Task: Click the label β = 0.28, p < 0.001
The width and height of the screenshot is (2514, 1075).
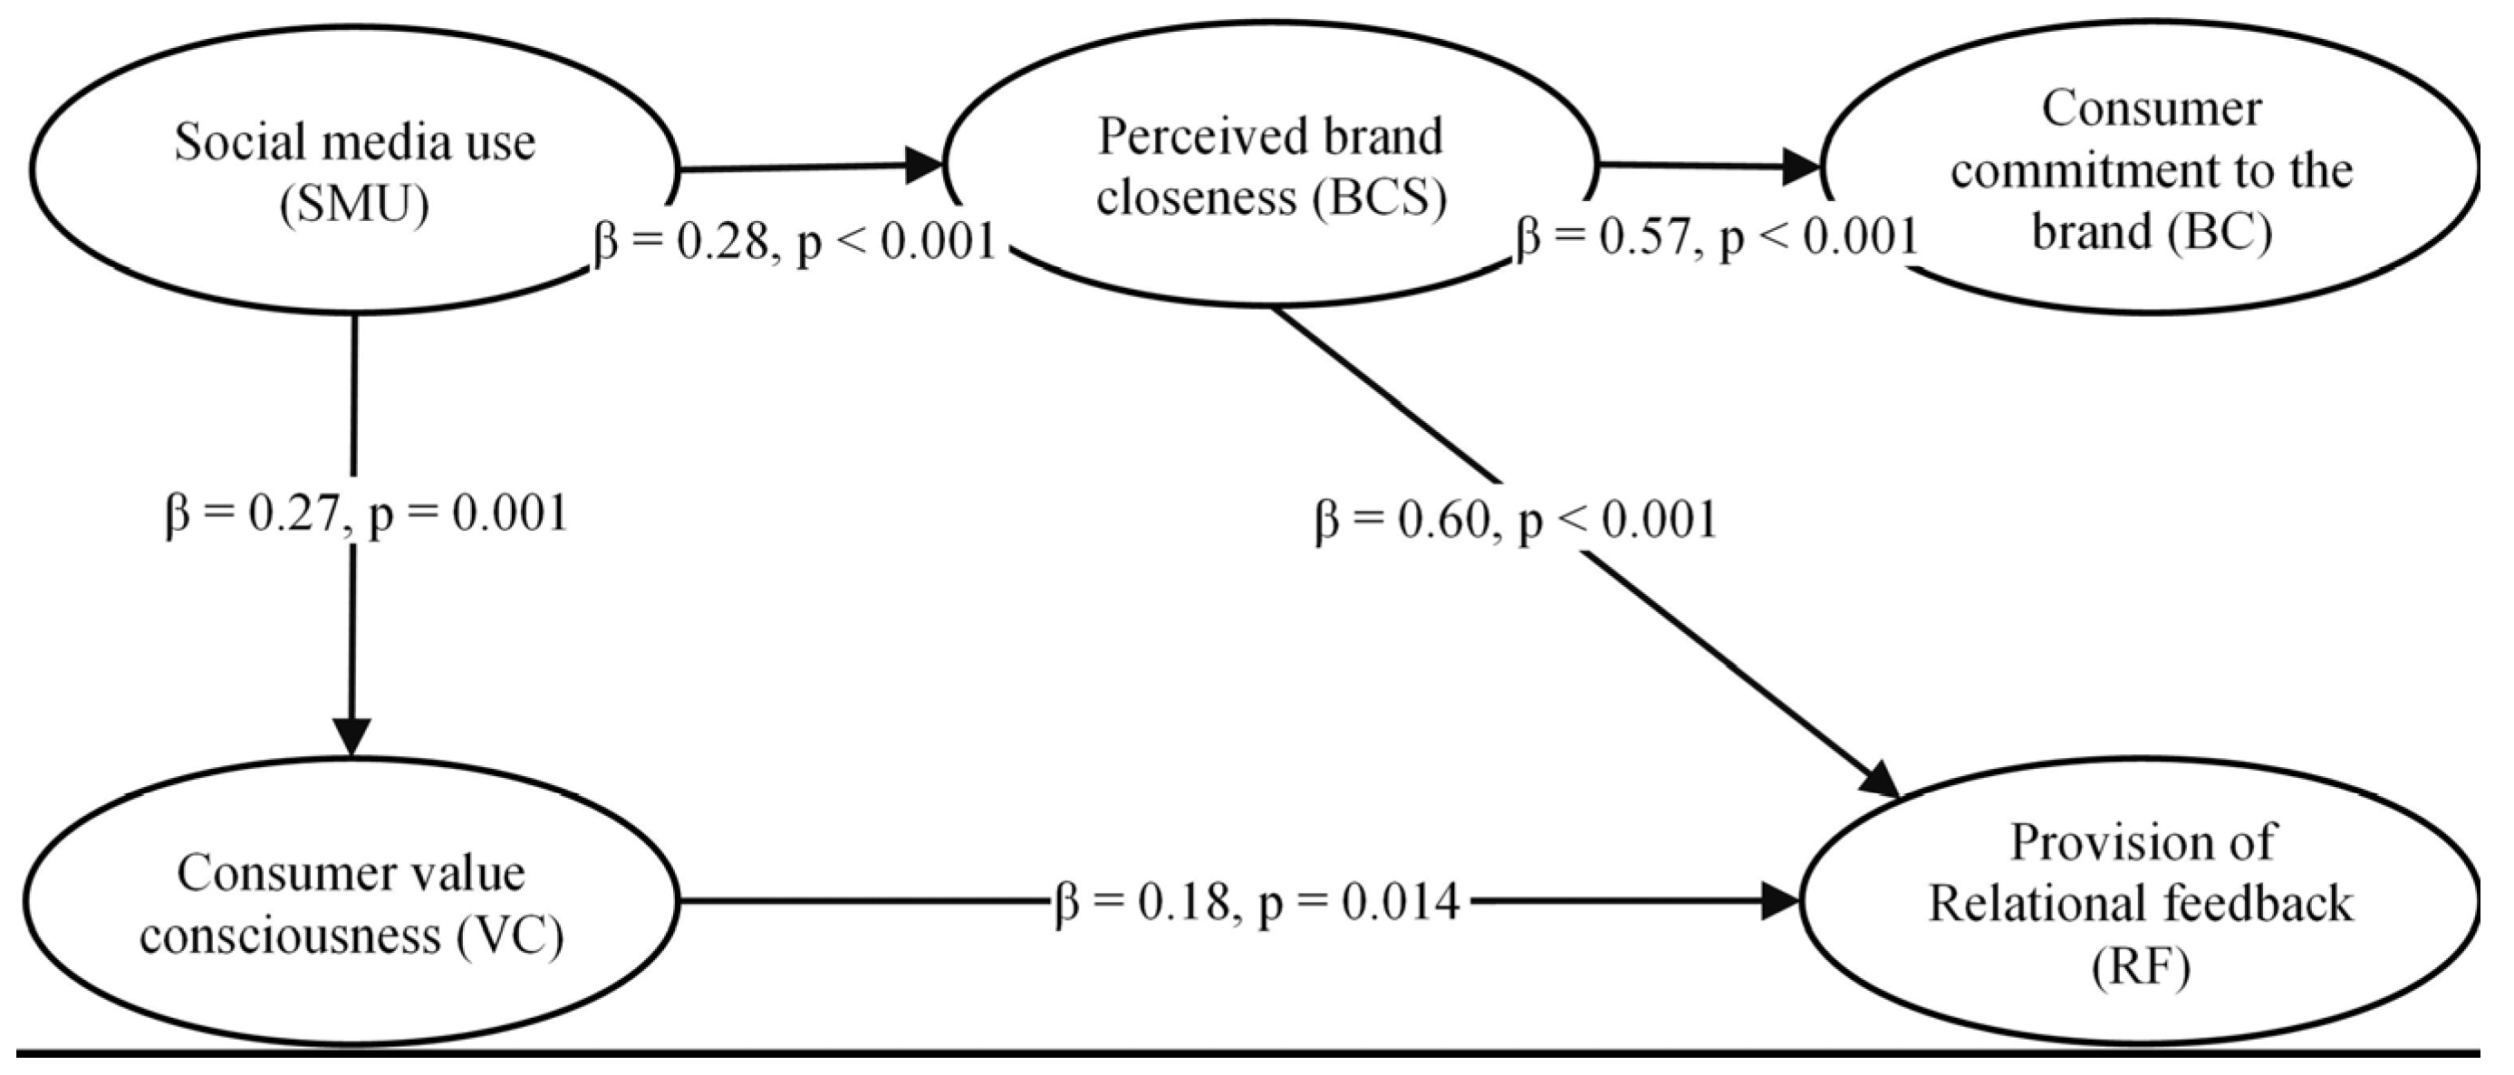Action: tap(795, 241)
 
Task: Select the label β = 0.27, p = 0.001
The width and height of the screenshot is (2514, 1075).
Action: tap(366, 514)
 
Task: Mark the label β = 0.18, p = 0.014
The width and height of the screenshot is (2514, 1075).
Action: tap(1257, 902)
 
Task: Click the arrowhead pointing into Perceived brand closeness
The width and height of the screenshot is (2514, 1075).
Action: tap(922, 166)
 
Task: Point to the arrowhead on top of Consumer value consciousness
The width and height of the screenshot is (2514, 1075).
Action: tap(352, 736)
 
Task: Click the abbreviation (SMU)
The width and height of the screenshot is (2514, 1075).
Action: tap(353, 206)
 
